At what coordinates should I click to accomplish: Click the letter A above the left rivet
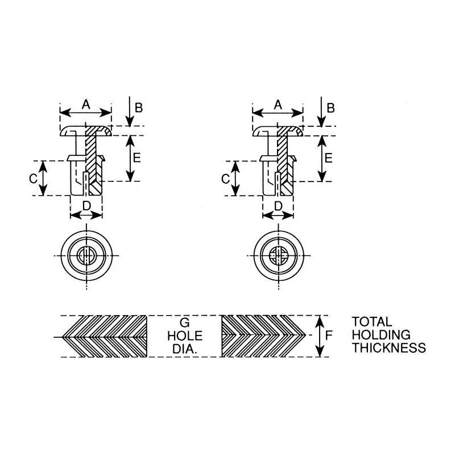(x=86, y=104)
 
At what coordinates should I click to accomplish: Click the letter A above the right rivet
(x=278, y=105)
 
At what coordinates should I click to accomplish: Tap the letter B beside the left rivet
(x=139, y=107)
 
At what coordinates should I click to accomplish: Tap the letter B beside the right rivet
(x=331, y=107)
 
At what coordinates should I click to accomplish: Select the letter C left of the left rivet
(x=34, y=179)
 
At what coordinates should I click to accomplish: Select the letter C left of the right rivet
(x=225, y=179)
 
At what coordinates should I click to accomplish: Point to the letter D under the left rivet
(x=87, y=206)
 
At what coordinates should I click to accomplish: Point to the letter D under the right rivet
(x=278, y=206)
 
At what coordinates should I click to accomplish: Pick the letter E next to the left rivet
(x=136, y=158)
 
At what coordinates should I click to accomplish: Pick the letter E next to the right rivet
(x=329, y=158)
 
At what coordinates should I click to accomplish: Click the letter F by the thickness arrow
(x=329, y=336)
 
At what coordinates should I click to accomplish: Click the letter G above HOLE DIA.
(x=185, y=322)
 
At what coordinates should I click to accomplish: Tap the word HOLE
(x=185, y=336)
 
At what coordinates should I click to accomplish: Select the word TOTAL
(x=372, y=322)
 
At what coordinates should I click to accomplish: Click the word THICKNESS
(x=389, y=348)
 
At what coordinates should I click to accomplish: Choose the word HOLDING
(x=381, y=335)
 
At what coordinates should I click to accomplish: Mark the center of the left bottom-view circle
(x=86, y=255)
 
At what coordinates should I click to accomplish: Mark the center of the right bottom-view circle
(x=279, y=255)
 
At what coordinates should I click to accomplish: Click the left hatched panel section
(x=105, y=336)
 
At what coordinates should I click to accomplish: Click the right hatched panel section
(x=263, y=336)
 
